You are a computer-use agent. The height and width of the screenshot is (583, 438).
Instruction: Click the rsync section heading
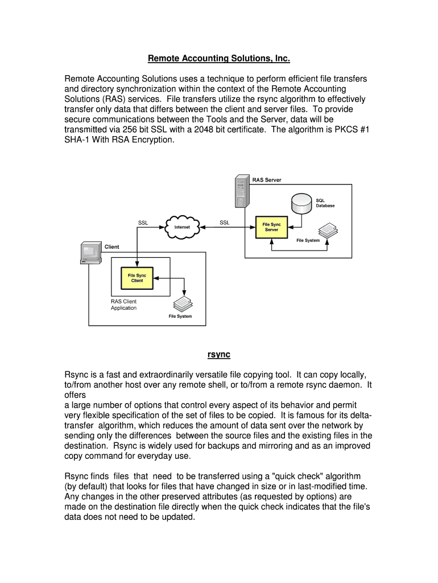click(218, 355)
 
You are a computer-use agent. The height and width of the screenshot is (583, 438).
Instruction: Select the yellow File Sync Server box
click(271, 227)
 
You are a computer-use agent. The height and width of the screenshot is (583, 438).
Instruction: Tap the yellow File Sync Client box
click(137, 278)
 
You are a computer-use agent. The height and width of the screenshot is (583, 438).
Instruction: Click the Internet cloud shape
click(182, 227)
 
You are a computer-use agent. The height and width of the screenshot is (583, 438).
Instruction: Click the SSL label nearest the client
click(143, 223)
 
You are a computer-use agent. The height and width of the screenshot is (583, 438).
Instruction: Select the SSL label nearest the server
click(225, 223)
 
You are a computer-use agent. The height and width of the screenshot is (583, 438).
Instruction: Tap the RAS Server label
click(267, 180)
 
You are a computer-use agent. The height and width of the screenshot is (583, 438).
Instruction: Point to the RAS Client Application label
click(123, 305)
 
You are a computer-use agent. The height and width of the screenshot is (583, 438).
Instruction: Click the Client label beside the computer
click(112, 247)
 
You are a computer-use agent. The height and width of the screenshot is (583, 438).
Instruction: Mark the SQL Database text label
click(325, 203)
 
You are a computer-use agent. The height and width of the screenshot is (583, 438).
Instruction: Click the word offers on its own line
click(75, 395)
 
